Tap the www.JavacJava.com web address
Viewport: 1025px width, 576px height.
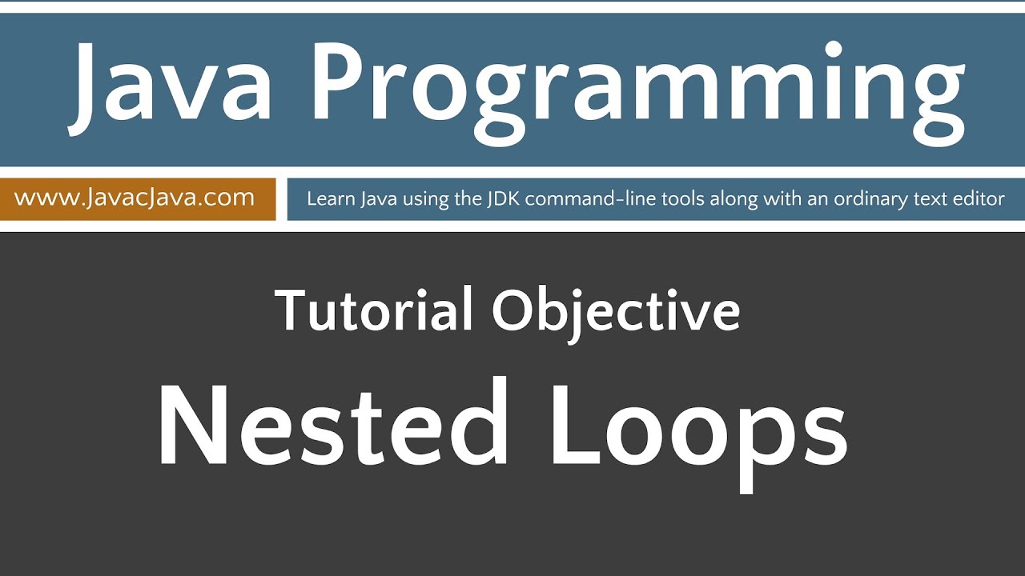click(135, 198)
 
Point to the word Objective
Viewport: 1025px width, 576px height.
click(616, 312)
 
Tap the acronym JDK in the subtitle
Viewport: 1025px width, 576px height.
click(502, 198)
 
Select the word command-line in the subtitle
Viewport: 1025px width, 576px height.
click(592, 198)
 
